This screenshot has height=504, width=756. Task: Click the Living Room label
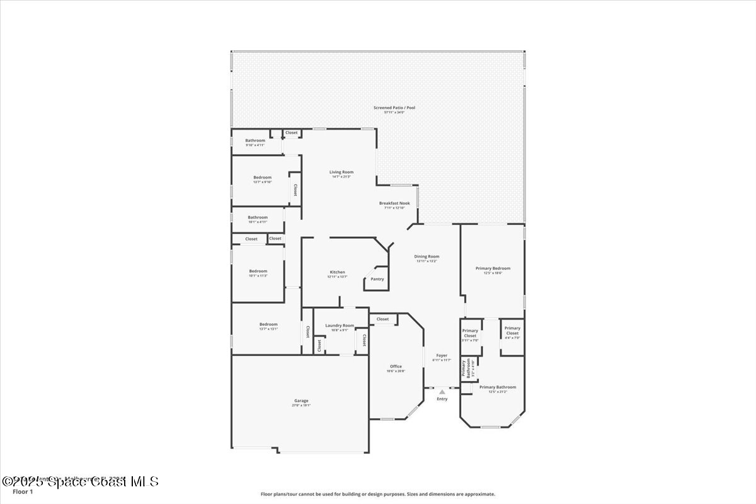pyautogui.click(x=341, y=172)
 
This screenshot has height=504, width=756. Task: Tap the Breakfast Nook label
pyautogui.click(x=394, y=203)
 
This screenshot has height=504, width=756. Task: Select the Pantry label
pyautogui.click(x=377, y=279)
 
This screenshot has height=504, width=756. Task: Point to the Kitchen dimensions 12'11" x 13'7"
pyautogui.click(x=337, y=277)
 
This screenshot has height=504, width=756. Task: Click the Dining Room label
pyautogui.click(x=427, y=256)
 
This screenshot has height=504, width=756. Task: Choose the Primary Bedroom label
pyautogui.click(x=493, y=268)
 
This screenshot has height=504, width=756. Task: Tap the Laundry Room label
pyautogui.click(x=340, y=326)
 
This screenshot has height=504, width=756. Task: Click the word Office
pyautogui.click(x=396, y=367)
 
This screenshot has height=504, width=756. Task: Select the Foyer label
pyautogui.click(x=442, y=355)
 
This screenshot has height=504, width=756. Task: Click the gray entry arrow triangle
pyautogui.click(x=442, y=392)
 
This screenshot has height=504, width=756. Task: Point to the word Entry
pyautogui.click(x=442, y=399)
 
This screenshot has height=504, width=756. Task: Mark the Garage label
pyautogui.click(x=301, y=401)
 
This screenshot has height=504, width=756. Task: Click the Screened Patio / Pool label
pyautogui.click(x=394, y=108)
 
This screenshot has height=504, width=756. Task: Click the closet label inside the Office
pyautogui.click(x=383, y=319)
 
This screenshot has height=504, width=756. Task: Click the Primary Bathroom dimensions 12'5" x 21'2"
pyautogui.click(x=498, y=392)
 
